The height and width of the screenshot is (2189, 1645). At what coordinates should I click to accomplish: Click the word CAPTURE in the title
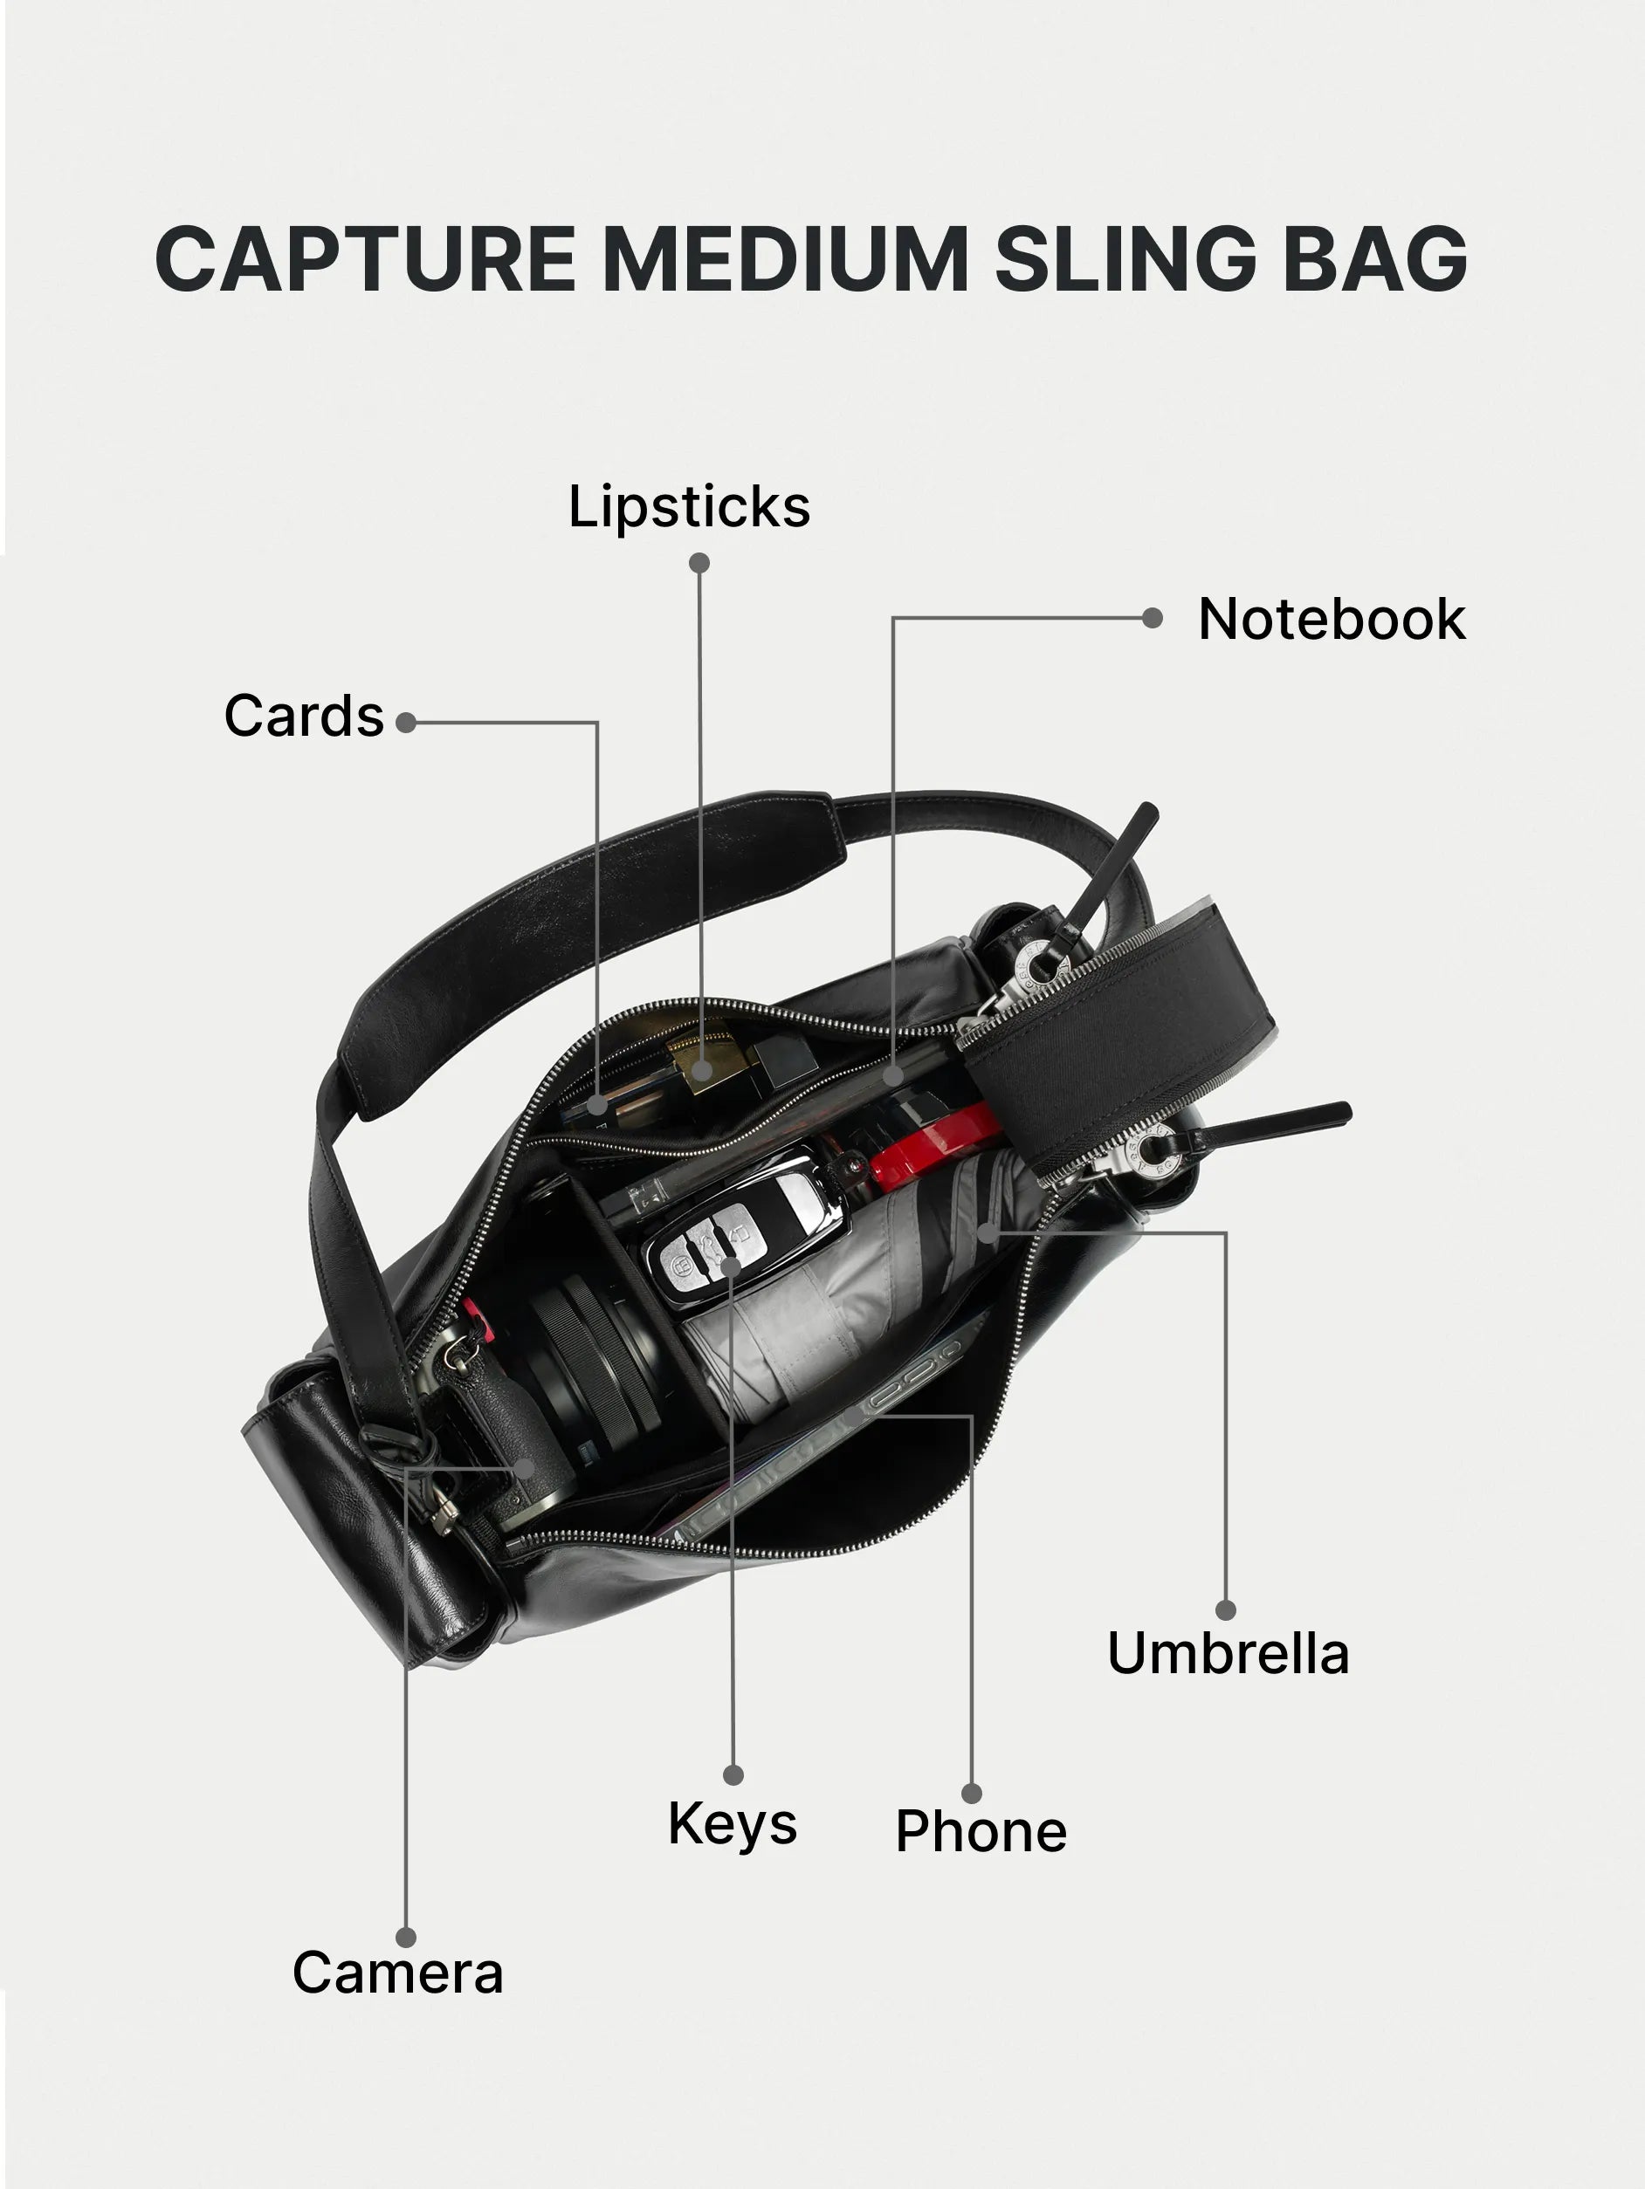[365, 258]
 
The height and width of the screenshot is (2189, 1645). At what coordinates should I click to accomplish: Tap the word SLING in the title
[1125, 258]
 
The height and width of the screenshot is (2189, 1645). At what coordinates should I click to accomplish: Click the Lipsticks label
[689, 508]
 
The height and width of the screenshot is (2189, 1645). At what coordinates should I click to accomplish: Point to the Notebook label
[1332, 620]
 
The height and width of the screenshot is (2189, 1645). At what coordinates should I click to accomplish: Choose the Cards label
[304, 716]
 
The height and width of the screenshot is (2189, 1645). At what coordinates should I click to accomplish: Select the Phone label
[981, 1831]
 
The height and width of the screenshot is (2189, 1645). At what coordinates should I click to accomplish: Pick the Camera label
[398, 1973]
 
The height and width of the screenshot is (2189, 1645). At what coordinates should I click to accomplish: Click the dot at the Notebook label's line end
[1152, 619]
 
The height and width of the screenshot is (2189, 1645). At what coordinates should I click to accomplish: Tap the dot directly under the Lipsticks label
[699, 563]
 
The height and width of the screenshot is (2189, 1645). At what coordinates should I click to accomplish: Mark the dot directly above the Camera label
[406, 1938]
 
